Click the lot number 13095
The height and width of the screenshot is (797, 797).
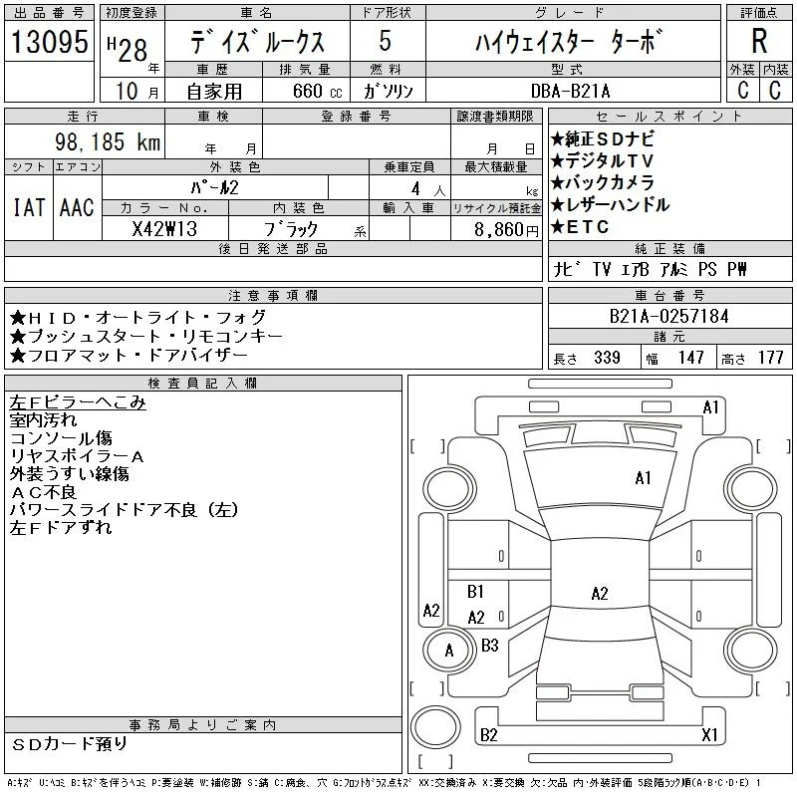click(49, 41)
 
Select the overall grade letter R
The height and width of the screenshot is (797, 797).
click(759, 41)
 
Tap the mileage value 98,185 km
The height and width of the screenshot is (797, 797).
click(108, 141)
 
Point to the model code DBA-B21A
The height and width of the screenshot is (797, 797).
click(570, 91)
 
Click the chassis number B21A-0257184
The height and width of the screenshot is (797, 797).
click(668, 316)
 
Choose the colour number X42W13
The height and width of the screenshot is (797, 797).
click(164, 229)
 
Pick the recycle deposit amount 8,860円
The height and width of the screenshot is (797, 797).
click(506, 230)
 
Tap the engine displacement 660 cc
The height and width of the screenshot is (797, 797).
click(317, 91)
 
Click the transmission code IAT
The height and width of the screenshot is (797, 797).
click(29, 207)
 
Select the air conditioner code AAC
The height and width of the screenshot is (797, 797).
click(77, 207)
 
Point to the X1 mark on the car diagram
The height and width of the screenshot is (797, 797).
click(709, 734)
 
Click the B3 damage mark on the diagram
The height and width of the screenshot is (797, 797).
click(489, 646)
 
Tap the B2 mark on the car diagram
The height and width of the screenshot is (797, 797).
click(488, 735)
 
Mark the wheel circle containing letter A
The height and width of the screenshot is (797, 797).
click(449, 651)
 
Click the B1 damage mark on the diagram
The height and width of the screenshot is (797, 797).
click(475, 592)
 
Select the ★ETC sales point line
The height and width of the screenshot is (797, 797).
click(580, 227)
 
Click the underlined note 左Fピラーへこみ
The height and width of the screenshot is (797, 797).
click(78, 402)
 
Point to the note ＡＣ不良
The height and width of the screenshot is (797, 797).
click(43, 492)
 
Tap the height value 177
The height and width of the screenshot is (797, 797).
click(770, 358)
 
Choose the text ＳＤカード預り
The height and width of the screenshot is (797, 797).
click(69, 744)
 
